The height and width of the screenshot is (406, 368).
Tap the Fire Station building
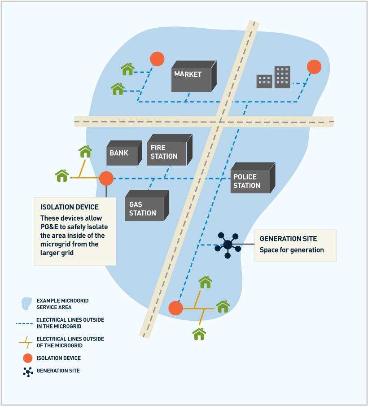coord(167,152)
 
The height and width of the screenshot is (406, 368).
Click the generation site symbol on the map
coord(228,245)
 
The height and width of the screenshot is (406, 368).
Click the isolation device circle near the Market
coord(157,59)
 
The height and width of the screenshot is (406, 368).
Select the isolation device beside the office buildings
coord(314,67)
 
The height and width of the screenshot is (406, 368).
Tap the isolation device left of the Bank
coord(106,179)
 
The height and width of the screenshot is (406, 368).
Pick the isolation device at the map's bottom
coord(175,308)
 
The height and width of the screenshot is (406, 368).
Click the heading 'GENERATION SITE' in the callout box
coord(288,239)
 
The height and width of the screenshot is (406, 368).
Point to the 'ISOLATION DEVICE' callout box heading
coord(70,207)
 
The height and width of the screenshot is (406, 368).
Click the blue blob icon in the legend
coord(27,304)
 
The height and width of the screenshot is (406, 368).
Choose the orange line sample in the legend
coord(26,342)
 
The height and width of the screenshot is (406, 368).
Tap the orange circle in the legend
coord(28,358)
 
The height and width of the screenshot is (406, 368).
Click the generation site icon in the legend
coord(28,371)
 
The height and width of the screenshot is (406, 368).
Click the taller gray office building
coord(282,77)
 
